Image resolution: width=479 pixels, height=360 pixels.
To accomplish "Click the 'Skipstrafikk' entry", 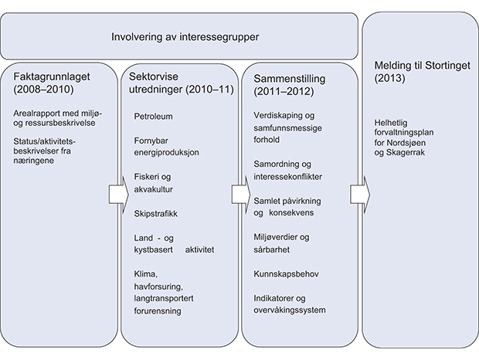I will [x=156, y=212].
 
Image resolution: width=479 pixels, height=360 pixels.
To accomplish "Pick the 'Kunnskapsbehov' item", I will [x=287, y=274].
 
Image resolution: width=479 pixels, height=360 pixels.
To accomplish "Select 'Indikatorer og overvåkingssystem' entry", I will [x=290, y=304].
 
